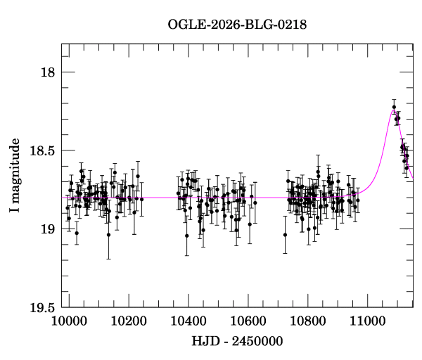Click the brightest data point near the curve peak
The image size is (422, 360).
pos(395,107)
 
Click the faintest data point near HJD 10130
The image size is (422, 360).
pos(108,235)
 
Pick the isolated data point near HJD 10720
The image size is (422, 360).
pos(285,235)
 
